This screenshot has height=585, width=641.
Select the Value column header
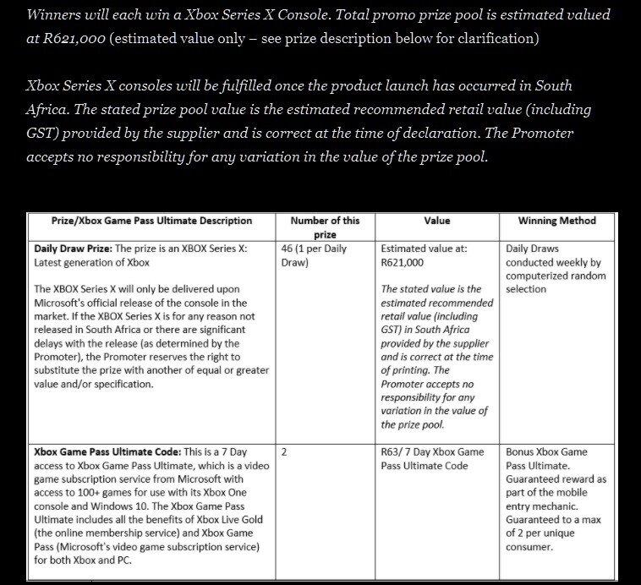tap(437, 221)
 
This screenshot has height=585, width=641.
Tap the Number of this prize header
tap(325, 227)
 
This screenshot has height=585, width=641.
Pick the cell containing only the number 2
tap(284, 452)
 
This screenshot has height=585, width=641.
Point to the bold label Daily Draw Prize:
tap(72, 249)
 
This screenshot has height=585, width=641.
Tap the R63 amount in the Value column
tap(392, 452)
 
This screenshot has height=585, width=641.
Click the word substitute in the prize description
tap(64, 370)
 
